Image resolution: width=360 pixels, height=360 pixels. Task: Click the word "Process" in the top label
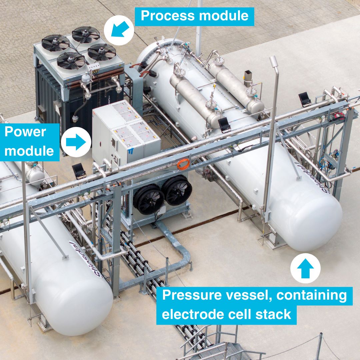168,16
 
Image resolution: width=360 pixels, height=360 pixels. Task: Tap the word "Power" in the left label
25,132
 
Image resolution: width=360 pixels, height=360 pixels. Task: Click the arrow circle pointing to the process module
119,30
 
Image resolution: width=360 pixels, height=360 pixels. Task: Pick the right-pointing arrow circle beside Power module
76,142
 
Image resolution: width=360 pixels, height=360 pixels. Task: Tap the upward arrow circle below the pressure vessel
305,268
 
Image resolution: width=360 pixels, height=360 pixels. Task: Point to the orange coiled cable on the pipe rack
183,164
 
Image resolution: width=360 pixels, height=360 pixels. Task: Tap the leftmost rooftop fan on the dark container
55,43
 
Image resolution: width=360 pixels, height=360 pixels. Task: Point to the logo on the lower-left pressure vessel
85,259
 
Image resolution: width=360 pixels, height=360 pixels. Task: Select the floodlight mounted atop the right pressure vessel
224,125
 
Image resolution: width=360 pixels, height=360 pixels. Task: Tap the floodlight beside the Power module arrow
79,171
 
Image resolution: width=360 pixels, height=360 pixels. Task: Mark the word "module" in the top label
224,16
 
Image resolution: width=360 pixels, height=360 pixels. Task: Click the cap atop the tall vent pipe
274,62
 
